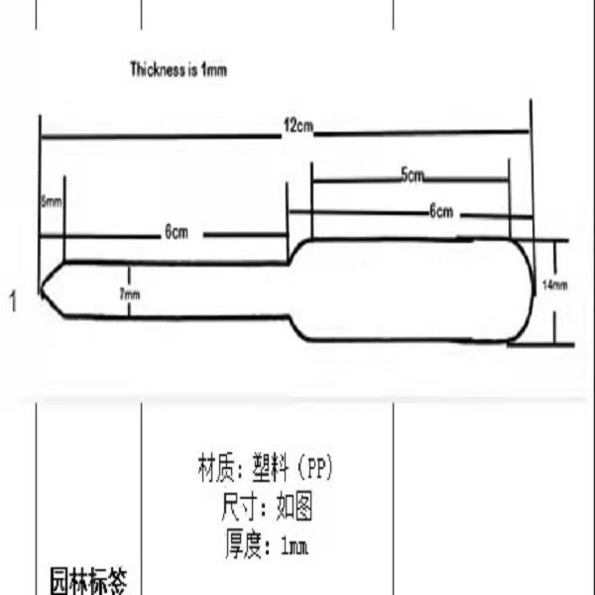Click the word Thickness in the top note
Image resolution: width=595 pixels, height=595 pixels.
click(157, 70)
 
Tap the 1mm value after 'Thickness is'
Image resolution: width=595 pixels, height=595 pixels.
click(215, 70)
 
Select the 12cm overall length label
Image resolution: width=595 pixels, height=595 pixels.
click(298, 126)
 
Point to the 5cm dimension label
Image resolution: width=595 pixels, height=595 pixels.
click(413, 175)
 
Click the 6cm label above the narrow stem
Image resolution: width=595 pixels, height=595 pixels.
click(177, 233)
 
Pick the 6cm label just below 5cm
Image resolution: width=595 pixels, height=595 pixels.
click(440, 210)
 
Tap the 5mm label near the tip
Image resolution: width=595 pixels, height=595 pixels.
click(51, 201)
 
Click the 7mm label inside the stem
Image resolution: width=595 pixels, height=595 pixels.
click(130, 294)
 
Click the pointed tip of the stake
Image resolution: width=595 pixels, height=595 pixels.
click(42, 289)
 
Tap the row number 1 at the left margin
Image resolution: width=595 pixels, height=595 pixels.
click(12, 300)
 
